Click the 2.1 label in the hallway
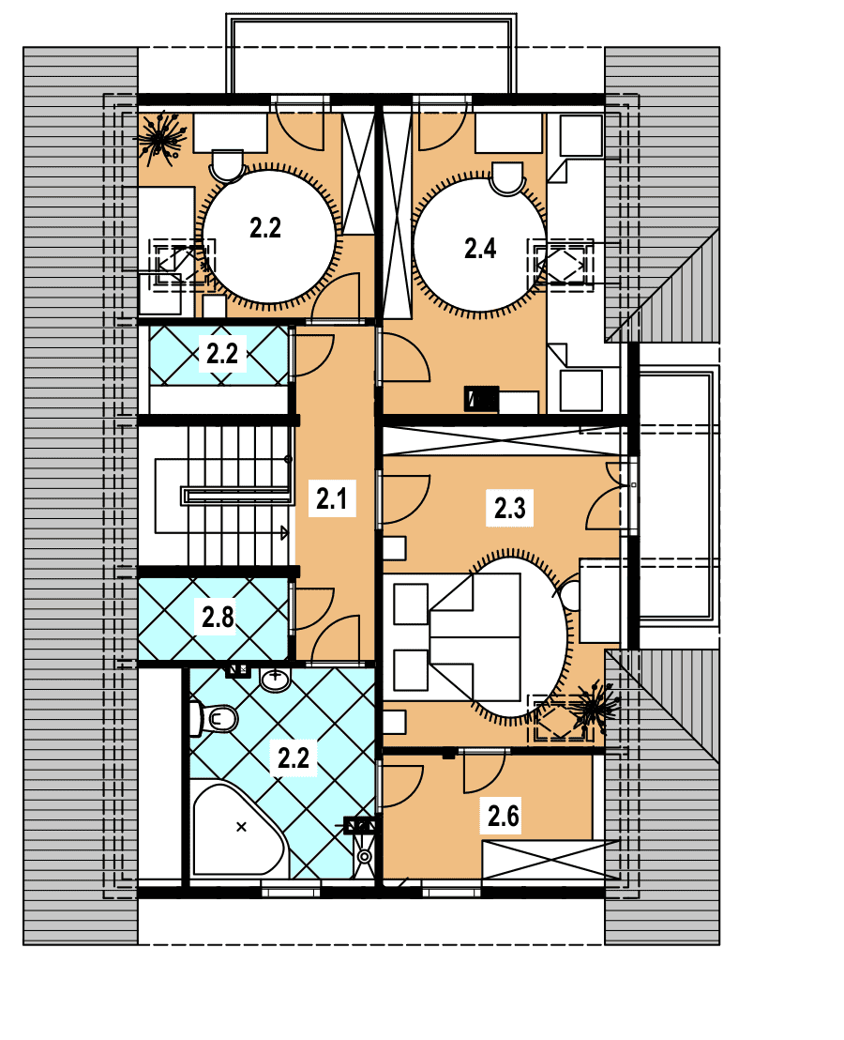point(331,498)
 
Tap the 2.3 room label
point(509,508)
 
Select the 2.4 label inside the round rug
point(479,248)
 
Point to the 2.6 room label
point(503,816)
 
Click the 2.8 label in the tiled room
point(218,618)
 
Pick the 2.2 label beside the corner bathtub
point(294,757)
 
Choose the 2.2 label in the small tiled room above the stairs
point(222,354)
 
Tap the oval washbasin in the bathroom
point(276,680)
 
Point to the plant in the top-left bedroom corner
point(159,138)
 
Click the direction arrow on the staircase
point(285,532)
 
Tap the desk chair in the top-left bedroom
point(227,165)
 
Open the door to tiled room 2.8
point(310,608)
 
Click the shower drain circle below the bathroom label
point(365,856)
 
